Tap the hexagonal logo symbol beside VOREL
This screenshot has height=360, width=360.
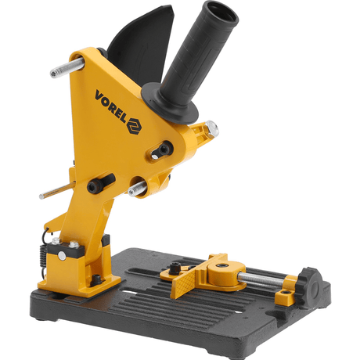[x=135, y=126]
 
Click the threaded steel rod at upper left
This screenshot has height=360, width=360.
[x=67, y=67]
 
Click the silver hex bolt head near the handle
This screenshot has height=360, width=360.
[x=212, y=128]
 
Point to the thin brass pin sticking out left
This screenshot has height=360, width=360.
[x=57, y=189]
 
